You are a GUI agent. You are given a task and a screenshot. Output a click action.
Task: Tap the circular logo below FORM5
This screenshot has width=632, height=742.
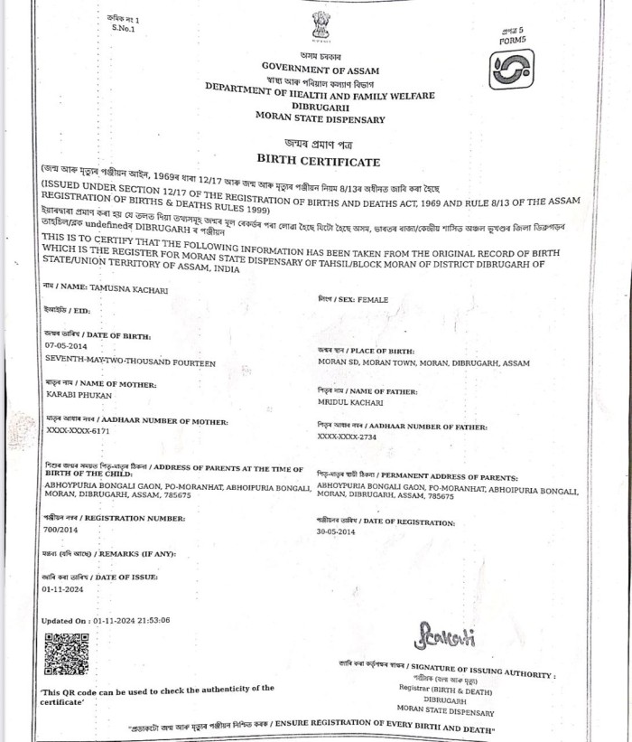point(511,69)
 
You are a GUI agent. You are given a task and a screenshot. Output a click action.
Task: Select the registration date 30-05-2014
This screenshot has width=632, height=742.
point(336,533)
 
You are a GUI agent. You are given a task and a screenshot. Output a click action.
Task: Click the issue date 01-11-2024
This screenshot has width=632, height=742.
point(63,588)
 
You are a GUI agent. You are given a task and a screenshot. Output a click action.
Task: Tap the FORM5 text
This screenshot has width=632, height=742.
point(512,41)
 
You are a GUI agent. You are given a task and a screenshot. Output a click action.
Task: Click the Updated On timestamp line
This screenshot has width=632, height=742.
point(106,621)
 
